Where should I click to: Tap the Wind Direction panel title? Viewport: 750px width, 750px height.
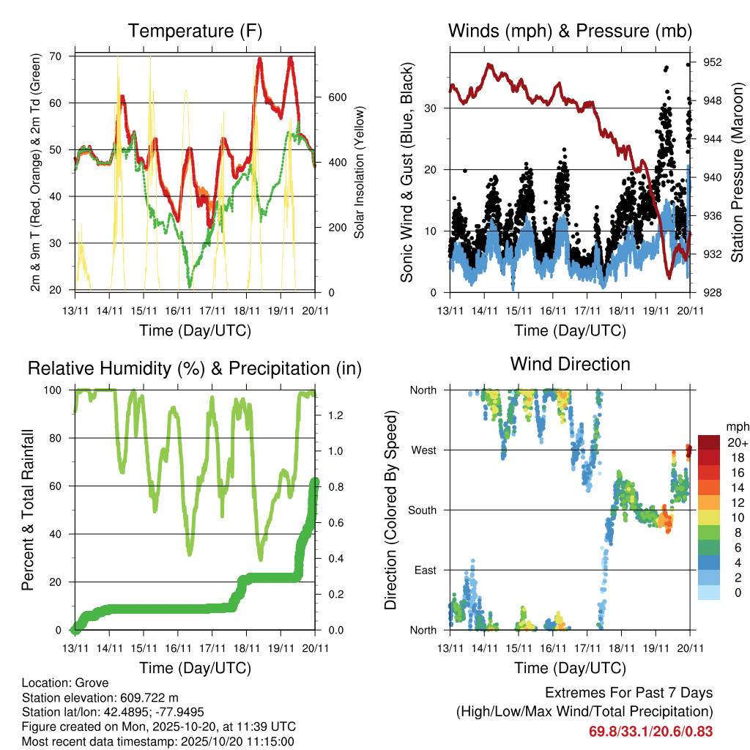click(x=570, y=363)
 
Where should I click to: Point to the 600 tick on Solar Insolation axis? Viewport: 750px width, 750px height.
click(x=336, y=97)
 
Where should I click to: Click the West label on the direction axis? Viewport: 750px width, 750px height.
click(x=423, y=450)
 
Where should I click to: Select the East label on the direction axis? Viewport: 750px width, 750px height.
click(x=425, y=570)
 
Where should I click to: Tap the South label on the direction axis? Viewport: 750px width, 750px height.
click(x=423, y=510)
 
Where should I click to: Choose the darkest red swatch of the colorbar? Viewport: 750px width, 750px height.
click(x=709, y=442)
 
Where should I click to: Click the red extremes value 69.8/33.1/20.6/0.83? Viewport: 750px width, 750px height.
click(x=650, y=731)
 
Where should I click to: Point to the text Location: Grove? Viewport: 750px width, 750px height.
click(x=65, y=682)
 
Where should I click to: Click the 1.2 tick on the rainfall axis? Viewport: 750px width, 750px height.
click(x=336, y=415)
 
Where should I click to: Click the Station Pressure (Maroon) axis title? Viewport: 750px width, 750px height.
click(x=737, y=172)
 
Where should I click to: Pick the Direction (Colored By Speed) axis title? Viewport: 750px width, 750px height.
click(x=391, y=509)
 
